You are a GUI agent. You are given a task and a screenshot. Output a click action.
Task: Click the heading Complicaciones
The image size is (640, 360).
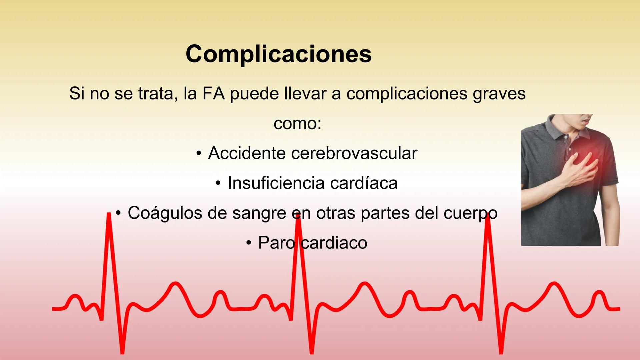pos(278,54)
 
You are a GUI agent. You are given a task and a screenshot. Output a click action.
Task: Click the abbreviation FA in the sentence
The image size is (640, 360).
pos(213,94)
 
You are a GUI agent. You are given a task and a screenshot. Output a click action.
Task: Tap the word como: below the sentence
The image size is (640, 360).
pos(297,124)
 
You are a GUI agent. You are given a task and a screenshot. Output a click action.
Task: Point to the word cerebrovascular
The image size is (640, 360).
pos(354,153)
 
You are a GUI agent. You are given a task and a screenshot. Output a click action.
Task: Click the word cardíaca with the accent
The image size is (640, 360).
pos(364,183)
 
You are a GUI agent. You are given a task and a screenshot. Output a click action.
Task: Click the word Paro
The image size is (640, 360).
pos(276,243)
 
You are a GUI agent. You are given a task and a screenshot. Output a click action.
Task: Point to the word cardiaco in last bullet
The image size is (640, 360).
pos(334,243)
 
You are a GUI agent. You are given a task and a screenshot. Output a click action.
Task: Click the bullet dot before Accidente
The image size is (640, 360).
pos(199,154)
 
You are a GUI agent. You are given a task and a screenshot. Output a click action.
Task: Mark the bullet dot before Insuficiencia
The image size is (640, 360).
pos(218,183)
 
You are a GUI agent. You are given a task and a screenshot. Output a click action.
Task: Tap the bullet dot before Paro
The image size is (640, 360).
pos(249,243)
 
